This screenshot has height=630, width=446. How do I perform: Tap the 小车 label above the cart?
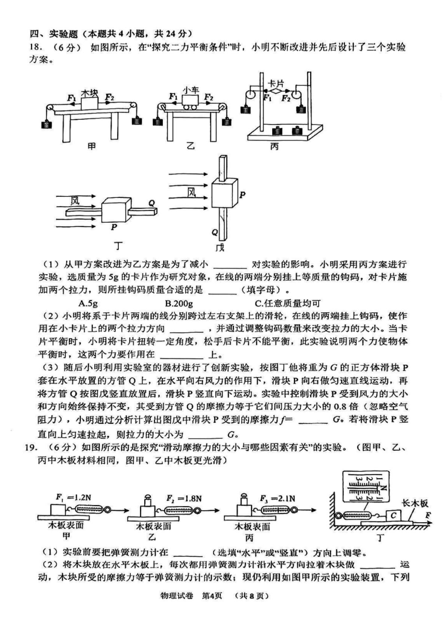pos(191,90)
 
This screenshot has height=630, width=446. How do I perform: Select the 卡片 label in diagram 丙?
pos(276,83)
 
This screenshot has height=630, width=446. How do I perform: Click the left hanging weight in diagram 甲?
pos(47,124)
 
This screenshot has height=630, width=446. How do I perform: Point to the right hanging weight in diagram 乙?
pos(227,121)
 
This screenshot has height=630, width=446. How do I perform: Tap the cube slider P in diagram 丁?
pos(116,210)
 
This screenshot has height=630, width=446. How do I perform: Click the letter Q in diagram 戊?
pos(215,232)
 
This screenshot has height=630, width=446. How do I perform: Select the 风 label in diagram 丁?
pos(75,201)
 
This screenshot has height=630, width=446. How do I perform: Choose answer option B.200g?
pos(179,304)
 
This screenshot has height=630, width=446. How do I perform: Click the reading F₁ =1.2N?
pos(73,497)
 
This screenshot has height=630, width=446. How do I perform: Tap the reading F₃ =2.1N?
pos(277,498)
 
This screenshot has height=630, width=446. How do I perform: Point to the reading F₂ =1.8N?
pos(184,498)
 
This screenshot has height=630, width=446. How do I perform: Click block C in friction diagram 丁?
pos(394,516)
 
